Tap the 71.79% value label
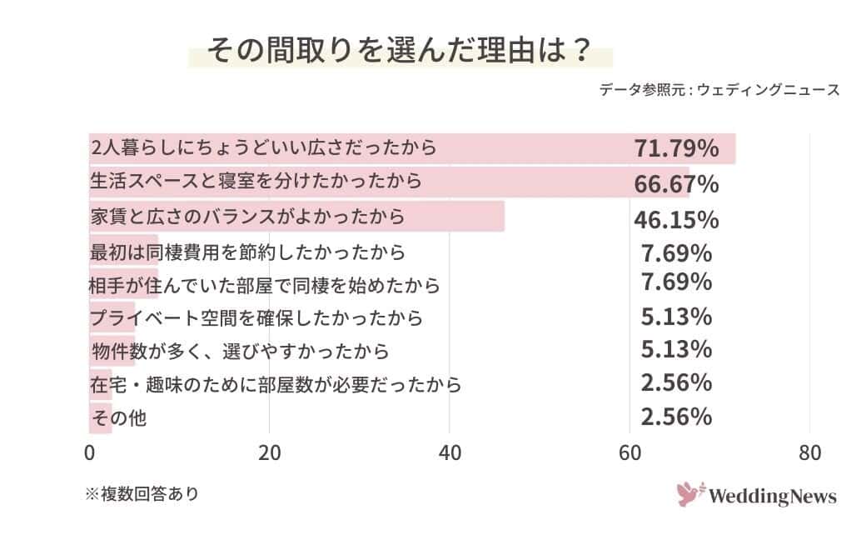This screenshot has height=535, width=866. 676,149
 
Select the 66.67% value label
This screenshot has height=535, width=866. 676,183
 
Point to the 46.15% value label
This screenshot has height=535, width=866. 676,220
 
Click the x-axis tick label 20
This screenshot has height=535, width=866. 269,454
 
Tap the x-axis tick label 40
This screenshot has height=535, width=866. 450,454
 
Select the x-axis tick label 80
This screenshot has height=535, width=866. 809,454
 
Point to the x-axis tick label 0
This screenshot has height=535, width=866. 90,454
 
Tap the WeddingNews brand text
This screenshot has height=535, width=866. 772,497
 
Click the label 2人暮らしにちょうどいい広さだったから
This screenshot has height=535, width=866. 263,148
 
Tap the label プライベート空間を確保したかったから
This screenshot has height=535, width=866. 256,317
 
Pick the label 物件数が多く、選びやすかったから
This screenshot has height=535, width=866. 240,351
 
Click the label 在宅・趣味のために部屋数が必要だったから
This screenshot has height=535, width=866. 276,385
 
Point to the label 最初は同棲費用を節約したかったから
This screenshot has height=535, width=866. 247,251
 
